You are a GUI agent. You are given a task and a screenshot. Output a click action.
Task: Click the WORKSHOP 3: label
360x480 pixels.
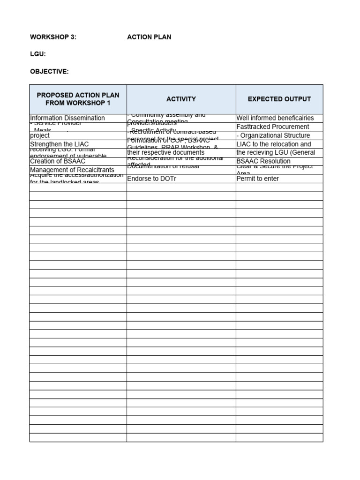click(x=53, y=37)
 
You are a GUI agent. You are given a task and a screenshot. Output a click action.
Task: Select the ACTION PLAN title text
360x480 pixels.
click(x=149, y=37)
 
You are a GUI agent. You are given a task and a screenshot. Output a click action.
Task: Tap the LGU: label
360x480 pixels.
click(x=38, y=54)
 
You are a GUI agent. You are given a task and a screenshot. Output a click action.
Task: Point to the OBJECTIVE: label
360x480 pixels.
click(x=49, y=71)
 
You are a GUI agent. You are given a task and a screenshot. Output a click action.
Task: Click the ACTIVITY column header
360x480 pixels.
click(x=181, y=99)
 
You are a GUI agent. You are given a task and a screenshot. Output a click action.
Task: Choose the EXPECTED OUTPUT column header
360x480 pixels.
click(x=279, y=99)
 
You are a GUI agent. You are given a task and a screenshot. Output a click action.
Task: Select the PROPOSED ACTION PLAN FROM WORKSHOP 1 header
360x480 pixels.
click(x=78, y=99)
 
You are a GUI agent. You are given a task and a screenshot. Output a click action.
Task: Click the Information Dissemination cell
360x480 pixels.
click(x=67, y=118)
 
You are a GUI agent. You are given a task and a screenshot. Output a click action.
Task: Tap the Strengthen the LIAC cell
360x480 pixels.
click(x=59, y=144)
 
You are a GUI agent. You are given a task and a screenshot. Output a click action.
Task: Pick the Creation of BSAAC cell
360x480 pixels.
click(x=58, y=161)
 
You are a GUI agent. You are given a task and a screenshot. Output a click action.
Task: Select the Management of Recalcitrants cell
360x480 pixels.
click(x=72, y=170)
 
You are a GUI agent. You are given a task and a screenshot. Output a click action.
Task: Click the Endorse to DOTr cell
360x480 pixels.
click(x=151, y=179)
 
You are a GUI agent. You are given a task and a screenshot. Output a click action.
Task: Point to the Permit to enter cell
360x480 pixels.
click(x=257, y=179)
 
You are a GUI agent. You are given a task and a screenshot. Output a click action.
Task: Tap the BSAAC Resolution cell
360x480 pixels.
click(x=263, y=161)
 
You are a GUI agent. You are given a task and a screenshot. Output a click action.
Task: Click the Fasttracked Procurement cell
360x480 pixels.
click(x=273, y=127)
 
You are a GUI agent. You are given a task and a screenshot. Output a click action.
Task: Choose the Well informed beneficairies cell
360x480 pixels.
click(x=275, y=118)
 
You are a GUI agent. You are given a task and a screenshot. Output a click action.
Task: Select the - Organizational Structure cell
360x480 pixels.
click(x=273, y=135)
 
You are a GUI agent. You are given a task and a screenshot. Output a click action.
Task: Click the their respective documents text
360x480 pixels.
click(x=166, y=153)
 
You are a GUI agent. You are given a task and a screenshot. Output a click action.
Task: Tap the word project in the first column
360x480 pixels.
click(x=40, y=135)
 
